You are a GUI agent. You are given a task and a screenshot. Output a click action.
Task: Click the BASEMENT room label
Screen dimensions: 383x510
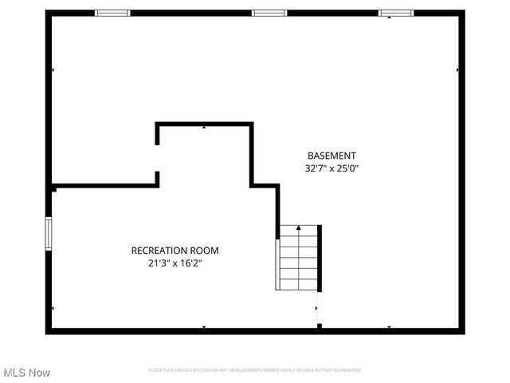(x=331, y=156)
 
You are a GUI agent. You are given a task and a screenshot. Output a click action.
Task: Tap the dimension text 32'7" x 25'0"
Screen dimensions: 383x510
(x=331, y=168)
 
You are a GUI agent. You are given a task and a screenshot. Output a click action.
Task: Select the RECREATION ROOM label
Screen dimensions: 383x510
(x=175, y=251)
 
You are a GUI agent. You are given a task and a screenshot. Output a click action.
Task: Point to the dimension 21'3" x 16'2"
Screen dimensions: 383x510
(x=175, y=263)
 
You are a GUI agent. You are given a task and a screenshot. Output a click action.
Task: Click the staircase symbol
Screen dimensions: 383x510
(x=298, y=258)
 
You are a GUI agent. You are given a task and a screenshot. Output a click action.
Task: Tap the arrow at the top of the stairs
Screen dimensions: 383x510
(x=299, y=229)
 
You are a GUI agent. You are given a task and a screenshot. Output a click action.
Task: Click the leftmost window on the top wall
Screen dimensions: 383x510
(x=112, y=13)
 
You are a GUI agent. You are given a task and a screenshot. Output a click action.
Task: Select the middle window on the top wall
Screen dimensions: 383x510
(x=269, y=13)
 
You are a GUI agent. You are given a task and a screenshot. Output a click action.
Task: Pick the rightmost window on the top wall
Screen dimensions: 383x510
(x=396, y=13)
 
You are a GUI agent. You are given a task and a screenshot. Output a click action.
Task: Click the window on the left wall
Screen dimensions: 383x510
(x=49, y=234)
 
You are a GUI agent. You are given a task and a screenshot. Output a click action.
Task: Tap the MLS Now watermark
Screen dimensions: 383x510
(x=27, y=373)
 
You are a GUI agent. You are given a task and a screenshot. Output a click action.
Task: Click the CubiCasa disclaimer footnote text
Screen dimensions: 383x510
(x=255, y=370)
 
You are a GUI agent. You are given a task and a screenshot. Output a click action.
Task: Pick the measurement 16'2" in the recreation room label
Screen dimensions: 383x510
(x=190, y=263)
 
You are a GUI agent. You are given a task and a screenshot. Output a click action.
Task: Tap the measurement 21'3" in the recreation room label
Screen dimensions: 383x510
(x=159, y=263)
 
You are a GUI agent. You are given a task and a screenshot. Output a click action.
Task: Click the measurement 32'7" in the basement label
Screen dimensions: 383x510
(x=316, y=168)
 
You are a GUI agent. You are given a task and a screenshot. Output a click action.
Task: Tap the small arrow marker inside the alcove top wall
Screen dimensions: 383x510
(x=204, y=127)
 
